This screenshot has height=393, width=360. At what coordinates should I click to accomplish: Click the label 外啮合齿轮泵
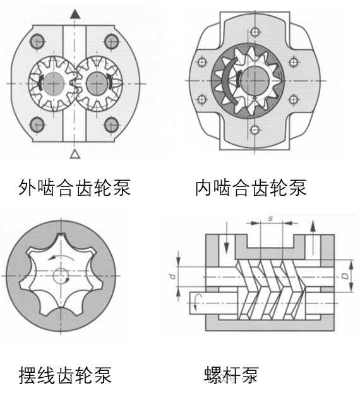75,187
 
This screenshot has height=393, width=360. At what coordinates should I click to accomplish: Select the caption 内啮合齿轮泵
251,187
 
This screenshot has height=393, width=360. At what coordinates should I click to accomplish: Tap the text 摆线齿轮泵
66,375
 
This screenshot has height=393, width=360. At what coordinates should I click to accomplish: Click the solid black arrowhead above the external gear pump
75,13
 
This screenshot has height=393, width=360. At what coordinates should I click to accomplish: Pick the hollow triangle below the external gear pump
75,154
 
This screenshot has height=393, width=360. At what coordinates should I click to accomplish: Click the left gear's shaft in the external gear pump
56,83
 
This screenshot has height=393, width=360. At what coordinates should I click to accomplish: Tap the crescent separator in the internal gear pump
224,81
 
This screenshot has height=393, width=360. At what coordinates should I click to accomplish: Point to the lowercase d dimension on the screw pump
172,276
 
